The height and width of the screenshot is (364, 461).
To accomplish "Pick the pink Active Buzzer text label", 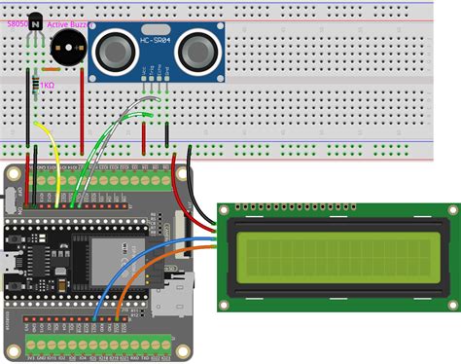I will (68, 20).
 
